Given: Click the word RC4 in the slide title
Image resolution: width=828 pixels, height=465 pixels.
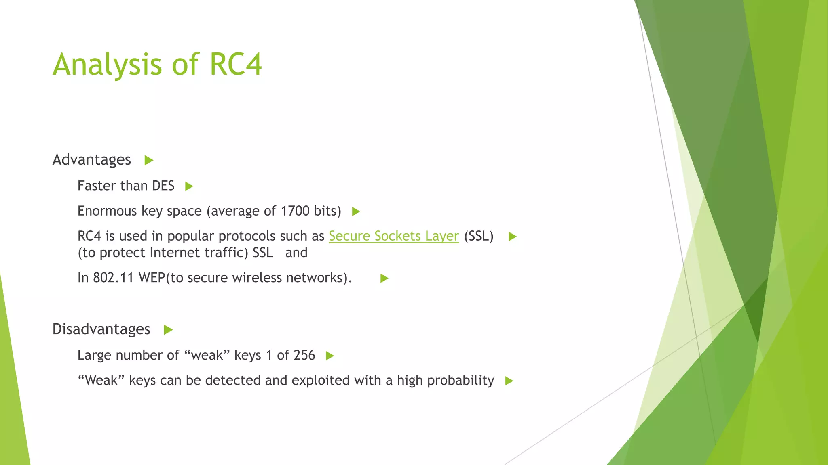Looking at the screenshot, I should (x=236, y=65).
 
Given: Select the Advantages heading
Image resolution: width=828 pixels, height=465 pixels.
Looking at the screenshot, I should (x=92, y=160).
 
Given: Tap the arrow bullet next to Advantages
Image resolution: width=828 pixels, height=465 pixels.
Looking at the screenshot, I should (x=149, y=161).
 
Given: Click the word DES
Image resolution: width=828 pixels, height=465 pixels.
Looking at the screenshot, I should (x=163, y=186).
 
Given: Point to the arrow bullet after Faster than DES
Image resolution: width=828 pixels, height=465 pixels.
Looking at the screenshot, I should (x=189, y=186).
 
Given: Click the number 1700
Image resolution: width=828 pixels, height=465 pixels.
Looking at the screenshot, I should (x=295, y=211).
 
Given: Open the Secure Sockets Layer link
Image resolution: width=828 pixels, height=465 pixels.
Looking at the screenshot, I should (x=394, y=236).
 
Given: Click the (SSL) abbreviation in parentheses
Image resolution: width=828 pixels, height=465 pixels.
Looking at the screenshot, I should (x=479, y=236).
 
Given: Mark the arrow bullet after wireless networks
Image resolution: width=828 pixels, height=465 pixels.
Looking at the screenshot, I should (x=384, y=278).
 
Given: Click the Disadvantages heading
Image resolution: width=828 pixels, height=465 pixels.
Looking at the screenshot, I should (x=101, y=329).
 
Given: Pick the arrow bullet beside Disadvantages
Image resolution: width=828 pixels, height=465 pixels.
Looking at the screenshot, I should (x=168, y=330).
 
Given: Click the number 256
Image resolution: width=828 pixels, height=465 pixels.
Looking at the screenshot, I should (x=304, y=355).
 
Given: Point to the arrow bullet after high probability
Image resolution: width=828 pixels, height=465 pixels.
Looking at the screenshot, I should (x=509, y=381).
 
